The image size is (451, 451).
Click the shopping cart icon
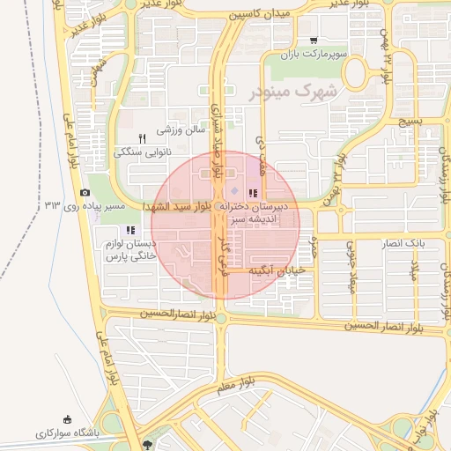[314, 40]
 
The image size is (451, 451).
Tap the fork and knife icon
[142, 138]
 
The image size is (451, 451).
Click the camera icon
[85, 193]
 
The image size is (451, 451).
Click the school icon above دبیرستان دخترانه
[253, 193]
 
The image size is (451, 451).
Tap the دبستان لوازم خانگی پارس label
[129, 250]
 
